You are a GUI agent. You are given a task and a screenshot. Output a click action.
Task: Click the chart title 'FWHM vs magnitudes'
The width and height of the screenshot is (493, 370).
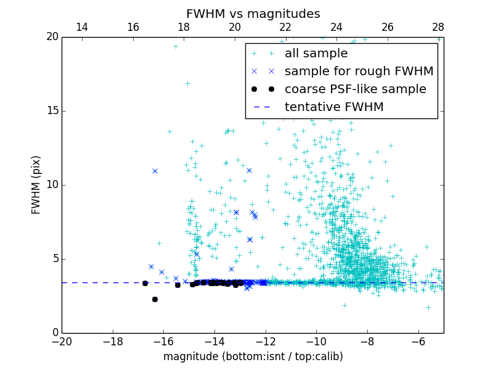coord(253,14)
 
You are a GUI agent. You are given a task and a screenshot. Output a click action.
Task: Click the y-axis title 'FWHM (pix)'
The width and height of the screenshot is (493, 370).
coord(36,184)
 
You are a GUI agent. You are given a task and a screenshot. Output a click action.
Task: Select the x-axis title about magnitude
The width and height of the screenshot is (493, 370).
coord(253,356)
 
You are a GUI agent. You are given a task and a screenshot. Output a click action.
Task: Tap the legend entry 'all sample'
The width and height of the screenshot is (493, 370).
coord(316,54)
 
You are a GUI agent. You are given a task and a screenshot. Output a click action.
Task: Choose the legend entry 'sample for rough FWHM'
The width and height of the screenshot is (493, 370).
coord(359,72)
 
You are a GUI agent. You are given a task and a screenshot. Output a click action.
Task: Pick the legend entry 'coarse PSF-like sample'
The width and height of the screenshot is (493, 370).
coord(355,89)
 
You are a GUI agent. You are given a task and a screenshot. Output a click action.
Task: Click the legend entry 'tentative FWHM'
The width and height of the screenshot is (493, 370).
coord(334,107)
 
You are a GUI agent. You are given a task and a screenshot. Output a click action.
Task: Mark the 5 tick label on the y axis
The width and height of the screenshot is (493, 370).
coord(55,258)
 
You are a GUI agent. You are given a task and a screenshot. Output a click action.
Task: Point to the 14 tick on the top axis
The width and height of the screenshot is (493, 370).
coord(82,27)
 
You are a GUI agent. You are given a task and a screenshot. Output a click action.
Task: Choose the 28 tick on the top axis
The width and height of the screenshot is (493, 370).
coord(438,27)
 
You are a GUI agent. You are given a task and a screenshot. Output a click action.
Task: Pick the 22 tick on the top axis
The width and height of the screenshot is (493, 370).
coord(285,27)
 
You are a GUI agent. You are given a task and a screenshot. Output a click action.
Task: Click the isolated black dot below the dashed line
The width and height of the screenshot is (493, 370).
coord(155,299)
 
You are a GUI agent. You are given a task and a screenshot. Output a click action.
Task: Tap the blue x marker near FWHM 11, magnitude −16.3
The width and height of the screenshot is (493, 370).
coord(155,171)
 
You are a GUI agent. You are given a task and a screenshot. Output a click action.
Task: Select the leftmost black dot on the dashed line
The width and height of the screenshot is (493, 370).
coord(145,283)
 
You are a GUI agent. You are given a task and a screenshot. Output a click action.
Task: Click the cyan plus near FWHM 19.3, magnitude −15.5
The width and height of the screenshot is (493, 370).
coord(176,46)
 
